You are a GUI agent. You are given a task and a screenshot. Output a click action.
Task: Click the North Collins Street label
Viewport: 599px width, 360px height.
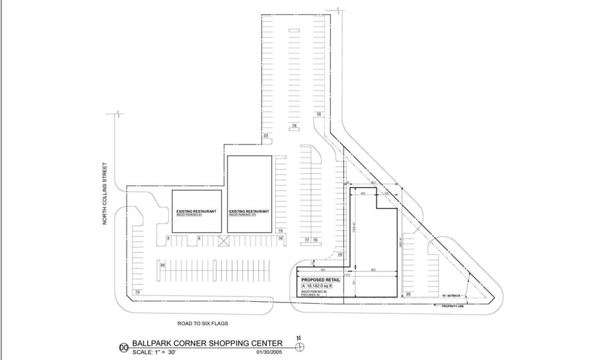[105, 193]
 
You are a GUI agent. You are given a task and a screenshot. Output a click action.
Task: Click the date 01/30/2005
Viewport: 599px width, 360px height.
[267, 352]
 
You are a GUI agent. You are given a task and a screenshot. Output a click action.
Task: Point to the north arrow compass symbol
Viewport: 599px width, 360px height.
[299, 346]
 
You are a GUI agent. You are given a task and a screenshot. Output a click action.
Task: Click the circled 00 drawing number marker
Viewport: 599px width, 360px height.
[124, 347]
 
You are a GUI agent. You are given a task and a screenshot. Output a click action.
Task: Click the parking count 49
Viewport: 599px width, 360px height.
[162, 265]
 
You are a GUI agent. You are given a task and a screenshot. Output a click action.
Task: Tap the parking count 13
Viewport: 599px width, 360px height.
[137, 293]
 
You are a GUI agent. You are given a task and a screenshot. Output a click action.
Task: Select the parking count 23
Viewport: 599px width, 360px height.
[266, 135]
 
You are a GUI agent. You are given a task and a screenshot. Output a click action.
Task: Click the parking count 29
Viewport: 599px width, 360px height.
[409, 294]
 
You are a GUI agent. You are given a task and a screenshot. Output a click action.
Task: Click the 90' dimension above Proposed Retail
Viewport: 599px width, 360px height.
[322, 269]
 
